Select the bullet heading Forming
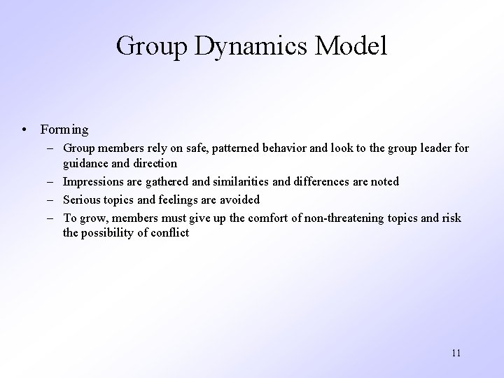(x=64, y=129)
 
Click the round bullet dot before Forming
(x=24, y=129)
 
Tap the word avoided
(x=239, y=200)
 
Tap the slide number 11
(x=456, y=353)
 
